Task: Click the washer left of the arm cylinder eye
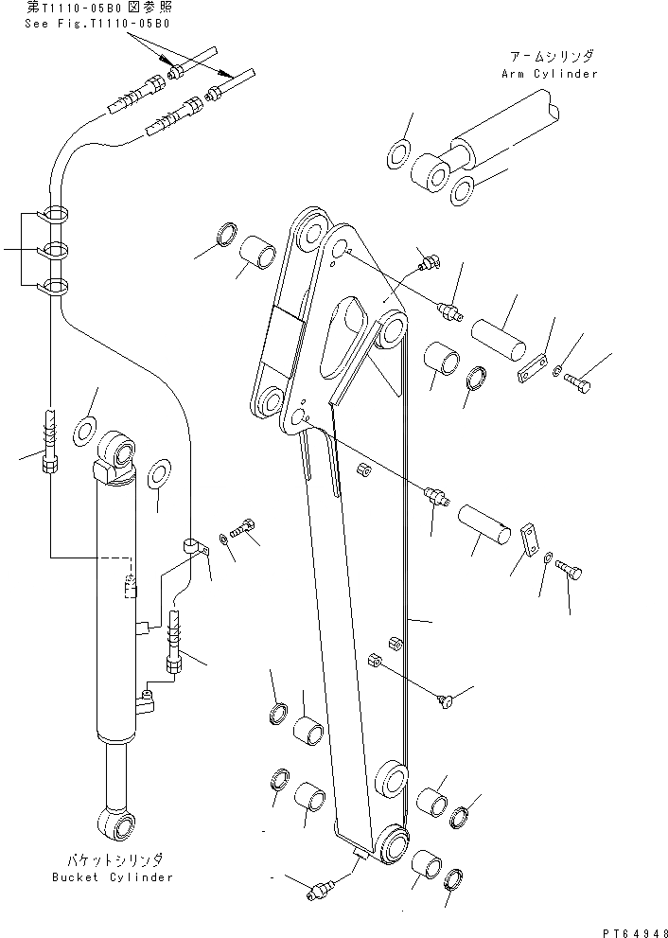tap(399, 152)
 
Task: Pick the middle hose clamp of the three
tap(55, 251)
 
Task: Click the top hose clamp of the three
tap(55, 216)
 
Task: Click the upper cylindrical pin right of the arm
tap(500, 336)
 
